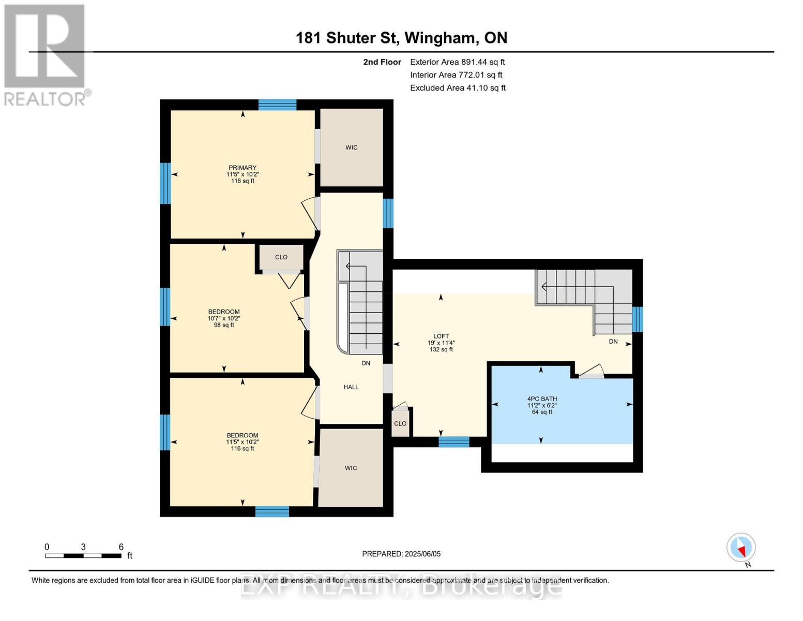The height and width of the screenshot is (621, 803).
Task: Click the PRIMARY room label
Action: tap(243, 168)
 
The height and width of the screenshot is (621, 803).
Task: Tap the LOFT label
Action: tap(441, 336)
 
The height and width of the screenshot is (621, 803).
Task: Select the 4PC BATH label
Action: tap(542, 399)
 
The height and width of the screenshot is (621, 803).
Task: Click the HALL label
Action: tap(351, 387)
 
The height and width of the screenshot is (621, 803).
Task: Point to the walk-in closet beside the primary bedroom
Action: tap(352, 147)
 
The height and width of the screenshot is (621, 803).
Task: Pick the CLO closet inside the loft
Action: tap(400, 423)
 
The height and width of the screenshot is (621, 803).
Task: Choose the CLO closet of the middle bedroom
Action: tap(281, 257)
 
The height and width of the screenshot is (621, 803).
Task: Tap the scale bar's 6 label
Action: tap(121, 547)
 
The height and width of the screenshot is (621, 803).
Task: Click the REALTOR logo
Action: tap(46, 55)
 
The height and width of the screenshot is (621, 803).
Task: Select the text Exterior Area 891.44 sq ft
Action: tap(458, 62)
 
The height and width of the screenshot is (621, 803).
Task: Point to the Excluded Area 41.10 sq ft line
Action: tap(458, 88)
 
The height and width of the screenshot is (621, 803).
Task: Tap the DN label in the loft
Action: tap(613, 342)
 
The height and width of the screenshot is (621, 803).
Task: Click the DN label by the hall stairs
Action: tap(366, 363)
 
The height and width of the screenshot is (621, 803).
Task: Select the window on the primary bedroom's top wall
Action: tap(277, 105)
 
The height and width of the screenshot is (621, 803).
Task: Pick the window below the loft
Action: tap(454, 442)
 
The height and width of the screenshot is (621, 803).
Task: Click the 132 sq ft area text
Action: tap(441, 349)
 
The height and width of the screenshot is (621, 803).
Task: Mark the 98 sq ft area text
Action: tap(224, 325)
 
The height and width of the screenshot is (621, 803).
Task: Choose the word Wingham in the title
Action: tap(440, 38)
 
